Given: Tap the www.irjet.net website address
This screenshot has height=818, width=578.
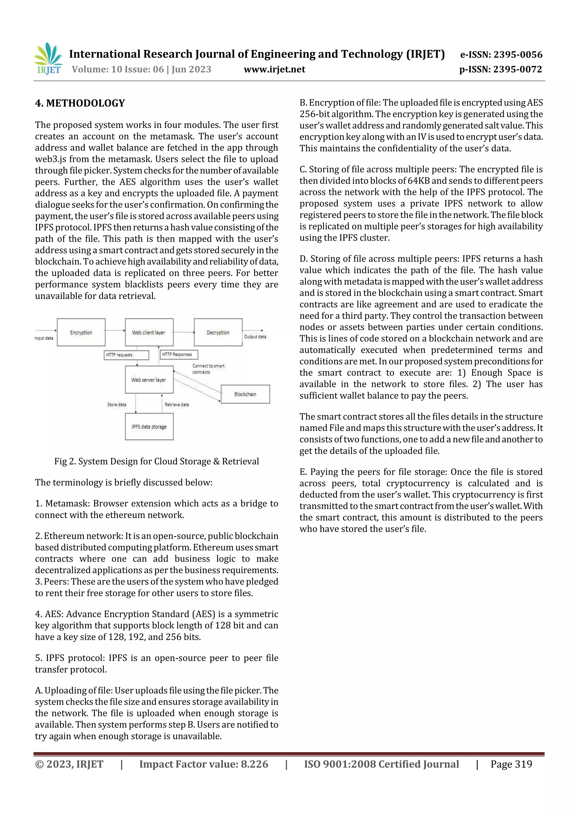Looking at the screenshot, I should coord(274,69).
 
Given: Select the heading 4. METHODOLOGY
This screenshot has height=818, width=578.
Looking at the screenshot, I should coord(80,103).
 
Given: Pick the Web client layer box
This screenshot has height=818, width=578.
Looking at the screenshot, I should coord(149,332).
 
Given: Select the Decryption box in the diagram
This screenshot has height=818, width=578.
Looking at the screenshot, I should coord(218,332).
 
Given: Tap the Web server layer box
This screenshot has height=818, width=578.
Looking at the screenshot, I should coord(149,380).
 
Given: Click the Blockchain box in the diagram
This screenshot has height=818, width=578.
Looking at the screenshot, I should coord(245,394).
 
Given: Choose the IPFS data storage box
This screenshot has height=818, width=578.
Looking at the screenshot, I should coord(149,426).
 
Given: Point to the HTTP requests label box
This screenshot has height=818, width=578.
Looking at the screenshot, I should coord(126,355).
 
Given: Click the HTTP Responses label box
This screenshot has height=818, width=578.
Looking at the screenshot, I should coord(178,354).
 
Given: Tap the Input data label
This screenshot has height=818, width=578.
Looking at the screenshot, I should coord(44,338).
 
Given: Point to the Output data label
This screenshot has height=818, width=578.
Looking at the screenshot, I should coord(255,337).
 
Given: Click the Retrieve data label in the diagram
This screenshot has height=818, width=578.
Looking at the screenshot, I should coord(177,405).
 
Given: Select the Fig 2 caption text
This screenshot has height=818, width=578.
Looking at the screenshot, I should coord(156,461).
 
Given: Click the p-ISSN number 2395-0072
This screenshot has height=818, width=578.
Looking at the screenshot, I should coord(517,69).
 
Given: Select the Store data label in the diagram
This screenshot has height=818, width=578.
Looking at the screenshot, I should coord(117,405).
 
